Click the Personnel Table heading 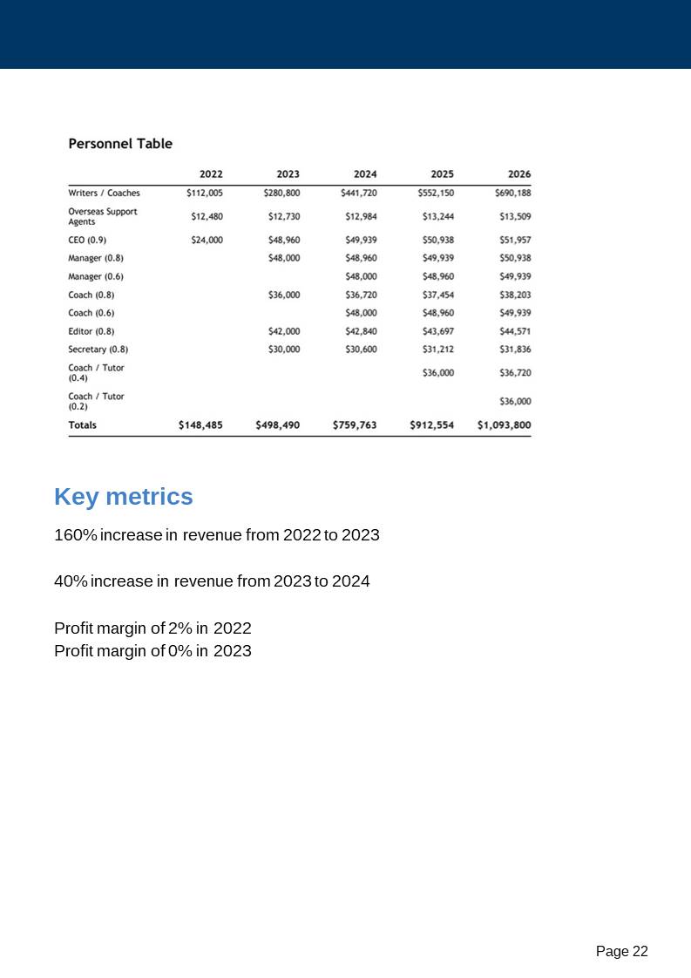click(x=120, y=144)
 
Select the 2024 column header click(x=365, y=174)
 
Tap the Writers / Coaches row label click(x=104, y=193)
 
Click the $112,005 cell click(x=205, y=193)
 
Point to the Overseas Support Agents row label click(x=103, y=216)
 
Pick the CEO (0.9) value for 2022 click(x=207, y=240)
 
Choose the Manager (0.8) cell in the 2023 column click(x=284, y=258)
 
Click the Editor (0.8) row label click(x=91, y=331)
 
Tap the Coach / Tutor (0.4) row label click(x=96, y=373)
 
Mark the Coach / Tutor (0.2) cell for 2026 click(x=515, y=402)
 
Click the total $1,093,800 click(x=504, y=425)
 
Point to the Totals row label click(x=83, y=425)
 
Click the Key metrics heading click(x=124, y=497)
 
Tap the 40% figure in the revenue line click(x=70, y=581)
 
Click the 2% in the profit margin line click(x=180, y=628)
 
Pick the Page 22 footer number click(x=622, y=952)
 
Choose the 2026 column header click(x=519, y=174)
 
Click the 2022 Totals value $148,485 click(x=200, y=425)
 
